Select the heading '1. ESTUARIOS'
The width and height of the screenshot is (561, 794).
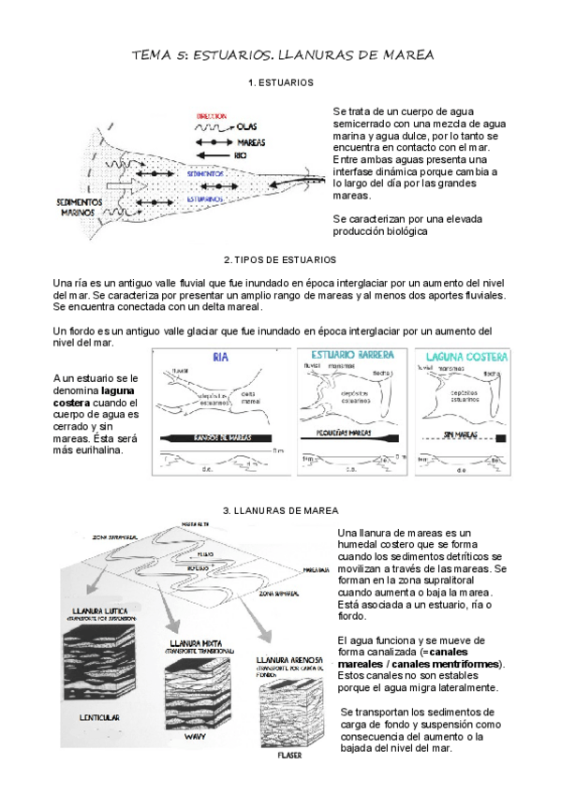281,83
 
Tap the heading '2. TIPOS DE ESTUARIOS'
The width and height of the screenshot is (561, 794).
280,259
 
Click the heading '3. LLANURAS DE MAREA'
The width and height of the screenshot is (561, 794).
280,510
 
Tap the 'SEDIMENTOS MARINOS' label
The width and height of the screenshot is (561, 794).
75,206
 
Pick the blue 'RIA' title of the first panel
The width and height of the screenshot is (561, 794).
221,357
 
